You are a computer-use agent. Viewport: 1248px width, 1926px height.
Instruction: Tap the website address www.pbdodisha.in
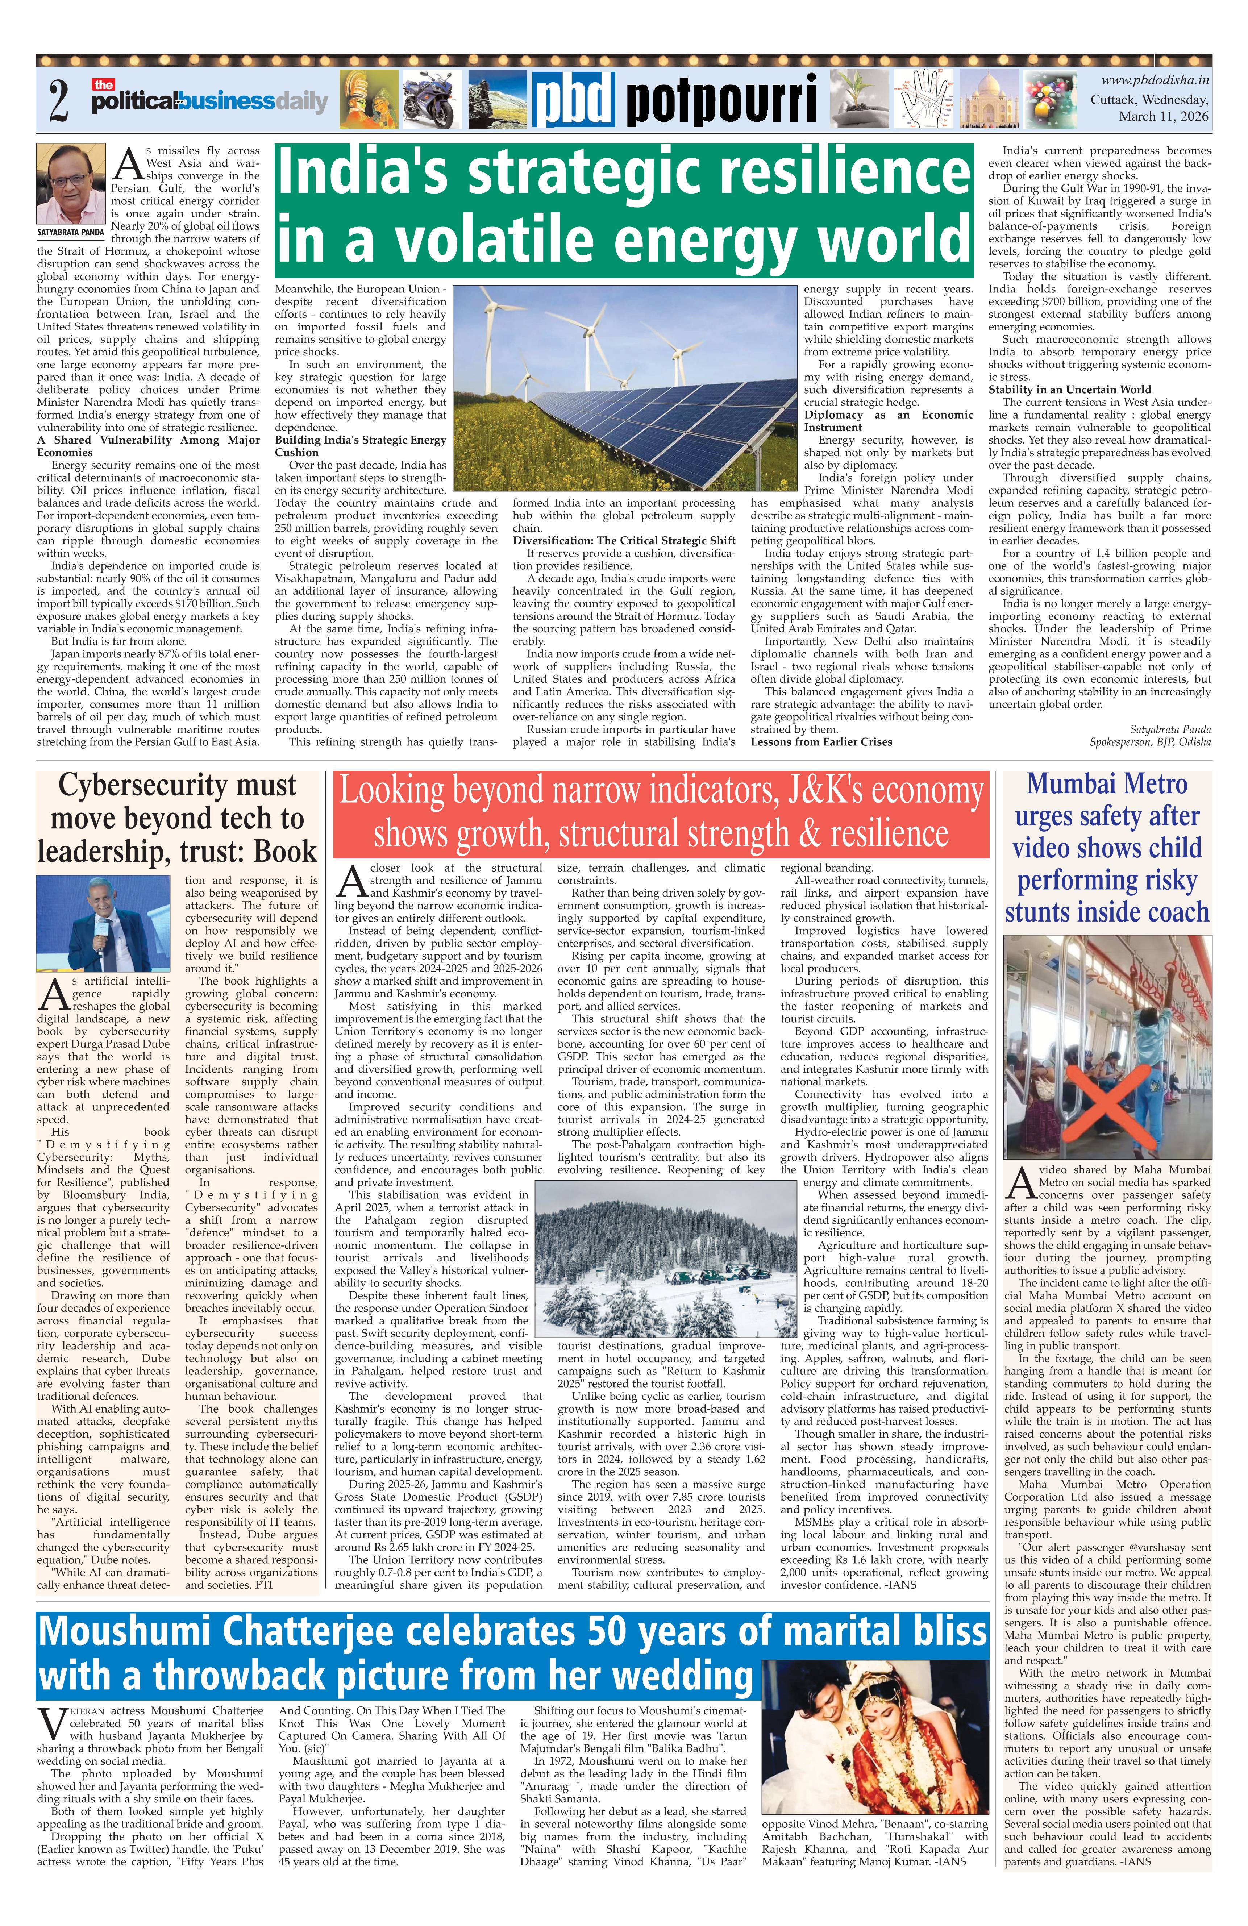[1155, 80]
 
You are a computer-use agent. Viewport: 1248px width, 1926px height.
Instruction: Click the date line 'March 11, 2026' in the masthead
[1163, 117]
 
